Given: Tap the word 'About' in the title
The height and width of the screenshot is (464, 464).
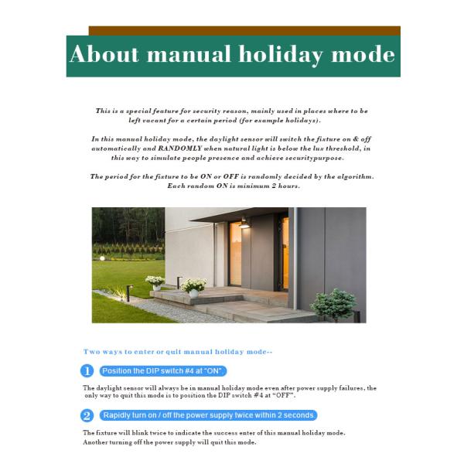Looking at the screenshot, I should tap(104, 55).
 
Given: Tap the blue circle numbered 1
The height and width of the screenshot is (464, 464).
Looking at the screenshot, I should tap(87, 370).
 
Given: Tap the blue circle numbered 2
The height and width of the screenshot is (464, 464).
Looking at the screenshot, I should tap(87, 415).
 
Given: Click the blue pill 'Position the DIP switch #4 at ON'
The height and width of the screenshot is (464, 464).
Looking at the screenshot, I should tap(163, 370).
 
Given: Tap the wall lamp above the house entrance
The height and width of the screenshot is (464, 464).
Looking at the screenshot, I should tap(244, 222).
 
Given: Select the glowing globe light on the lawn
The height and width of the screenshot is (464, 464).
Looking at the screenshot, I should tap(102, 259).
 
